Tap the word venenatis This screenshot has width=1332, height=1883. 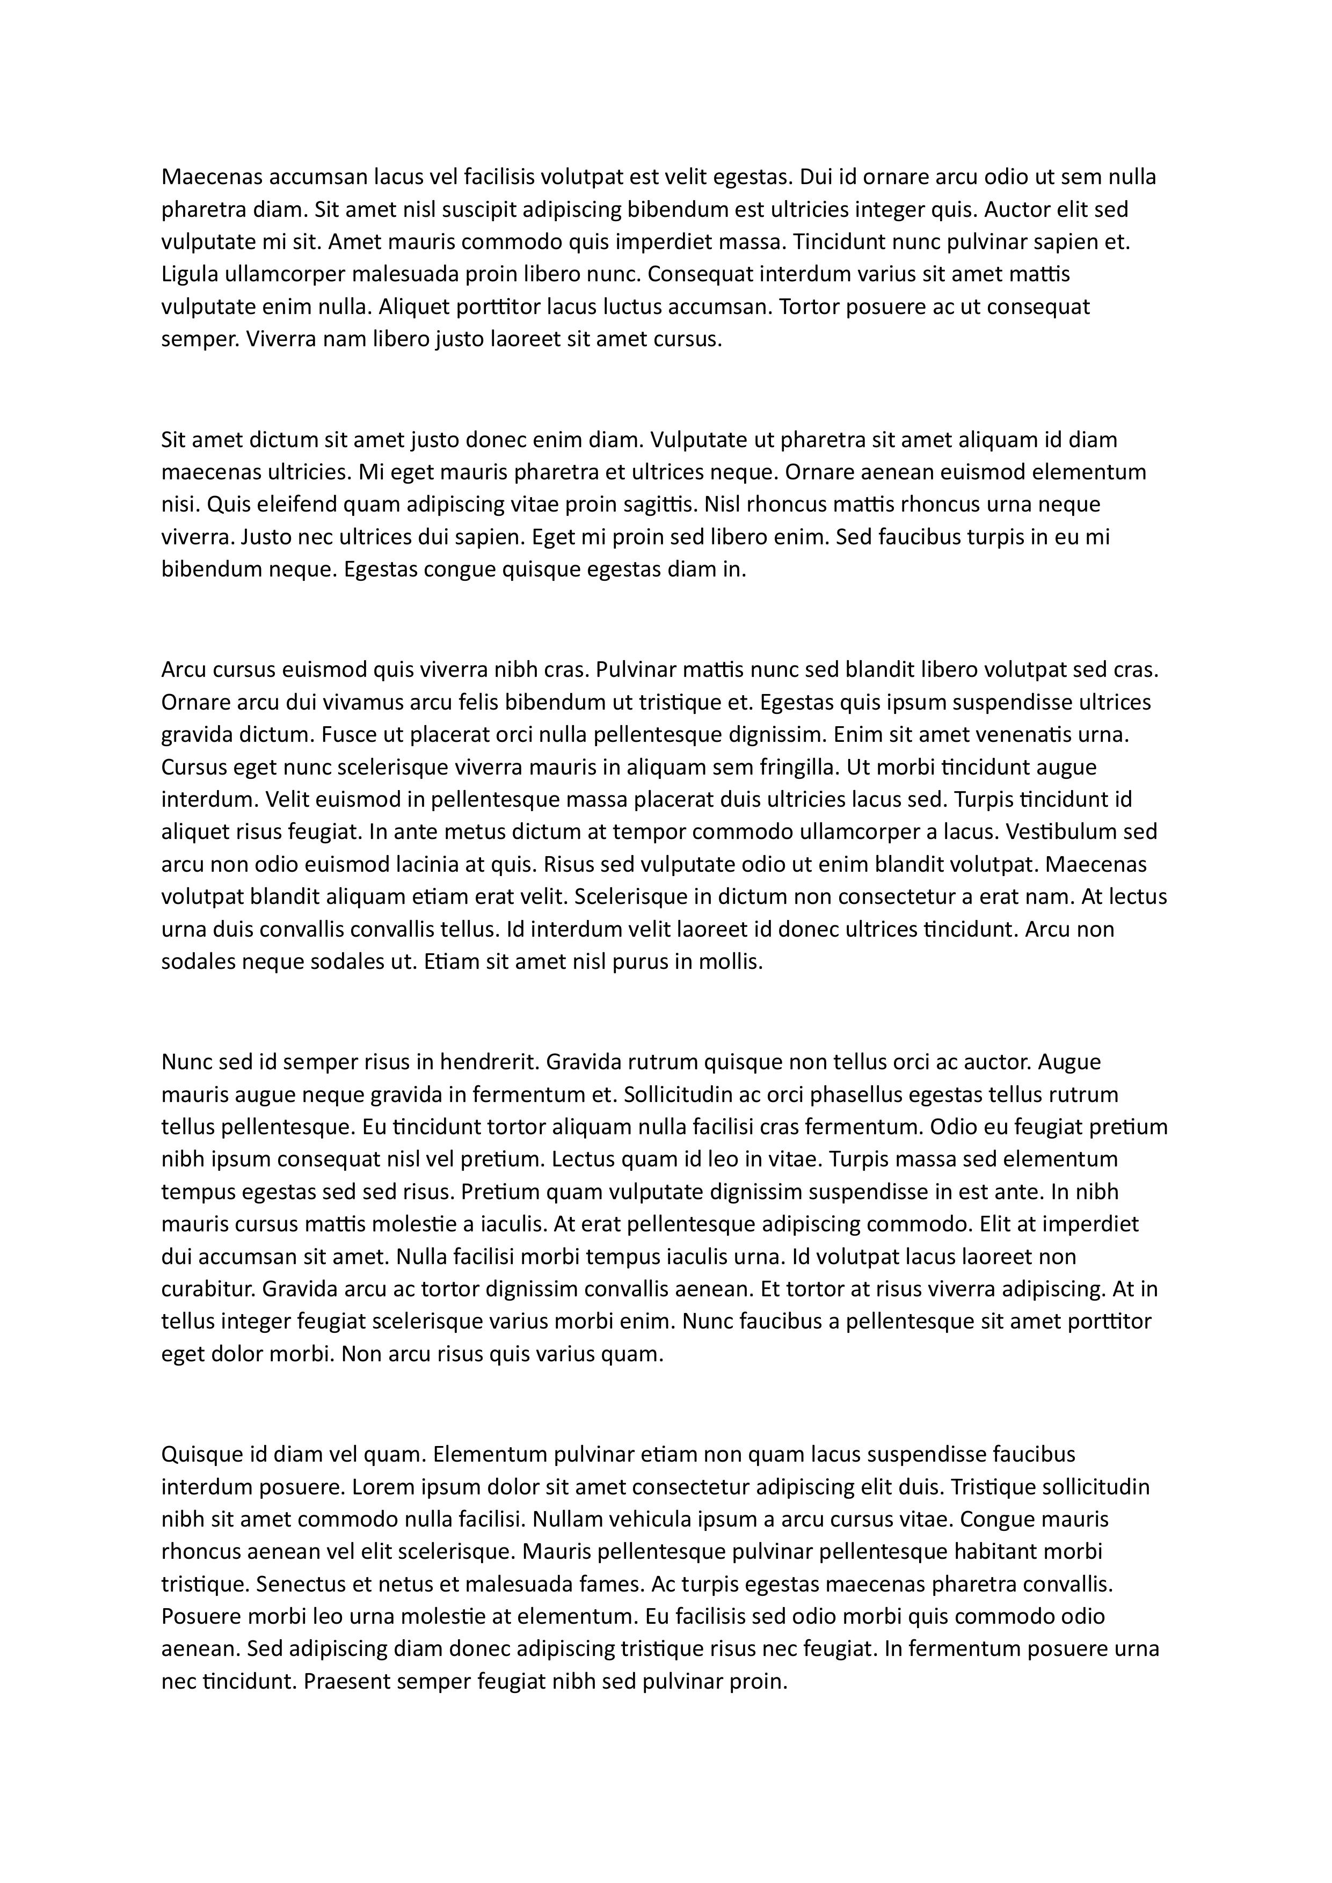[1024, 735]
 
